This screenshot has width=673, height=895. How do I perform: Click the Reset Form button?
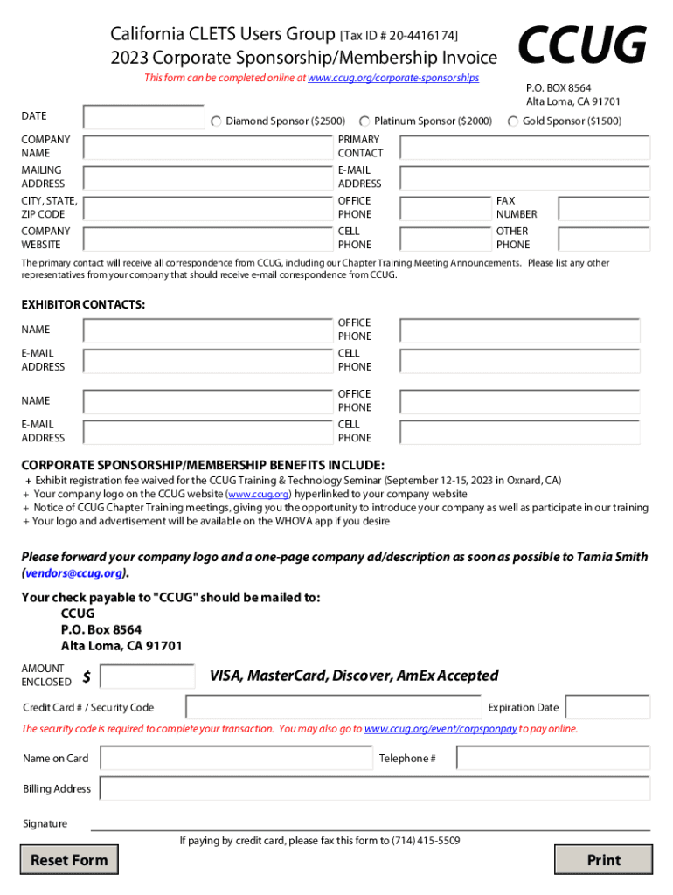click(69, 860)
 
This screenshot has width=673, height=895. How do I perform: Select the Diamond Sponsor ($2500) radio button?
click(216, 121)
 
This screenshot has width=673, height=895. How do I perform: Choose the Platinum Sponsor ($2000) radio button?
click(365, 121)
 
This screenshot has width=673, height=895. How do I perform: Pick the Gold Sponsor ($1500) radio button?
click(513, 121)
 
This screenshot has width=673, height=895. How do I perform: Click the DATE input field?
click(143, 117)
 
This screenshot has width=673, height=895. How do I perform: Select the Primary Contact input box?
click(524, 147)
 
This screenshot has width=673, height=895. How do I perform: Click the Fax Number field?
click(604, 208)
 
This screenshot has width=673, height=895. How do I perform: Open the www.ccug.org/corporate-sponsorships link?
click(393, 78)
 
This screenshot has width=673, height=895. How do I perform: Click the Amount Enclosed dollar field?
click(148, 676)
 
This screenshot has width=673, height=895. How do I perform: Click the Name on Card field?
click(236, 759)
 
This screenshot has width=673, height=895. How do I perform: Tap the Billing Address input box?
click(375, 789)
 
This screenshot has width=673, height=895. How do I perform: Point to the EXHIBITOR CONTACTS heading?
click(83, 305)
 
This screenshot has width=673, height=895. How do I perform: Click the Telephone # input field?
click(553, 759)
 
